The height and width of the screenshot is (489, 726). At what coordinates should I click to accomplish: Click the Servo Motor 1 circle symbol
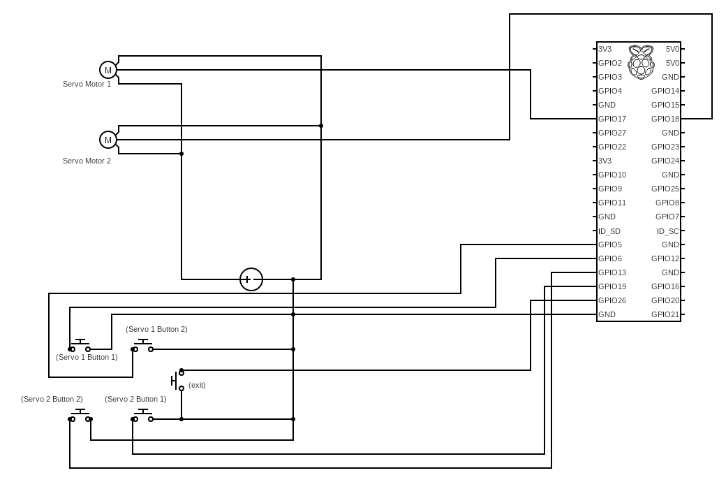click(x=108, y=70)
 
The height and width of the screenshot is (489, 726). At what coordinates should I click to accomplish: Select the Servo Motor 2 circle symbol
click(x=108, y=140)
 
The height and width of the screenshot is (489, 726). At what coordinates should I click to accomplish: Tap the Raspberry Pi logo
click(x=640, y=61)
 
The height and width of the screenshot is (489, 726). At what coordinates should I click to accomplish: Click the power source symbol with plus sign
click(x=251, y=279)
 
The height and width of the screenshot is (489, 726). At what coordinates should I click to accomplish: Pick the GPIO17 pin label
click(x=612, y=119)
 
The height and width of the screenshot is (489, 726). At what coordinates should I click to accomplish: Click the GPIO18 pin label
click(x=665, y=119)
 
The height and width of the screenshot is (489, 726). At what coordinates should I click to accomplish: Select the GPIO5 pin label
click(x=610, y=245)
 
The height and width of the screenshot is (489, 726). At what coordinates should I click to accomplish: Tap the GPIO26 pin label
click(x=612, y=300)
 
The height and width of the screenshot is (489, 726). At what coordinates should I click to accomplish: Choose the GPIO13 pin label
click(x=612, y=272)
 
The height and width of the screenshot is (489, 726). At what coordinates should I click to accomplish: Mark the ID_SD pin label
click(x=609, y=231)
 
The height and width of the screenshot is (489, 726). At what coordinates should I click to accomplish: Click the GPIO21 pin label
click(x=665, y=314)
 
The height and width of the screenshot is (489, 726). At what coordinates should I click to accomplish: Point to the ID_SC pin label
click(x=667, y=231)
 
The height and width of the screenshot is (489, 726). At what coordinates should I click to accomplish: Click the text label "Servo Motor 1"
click(x=87, y=84)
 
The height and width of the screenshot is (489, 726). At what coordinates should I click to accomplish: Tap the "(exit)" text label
click(x=197, y=385)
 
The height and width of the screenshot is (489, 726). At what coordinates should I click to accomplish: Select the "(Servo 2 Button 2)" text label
click(x=52, y=399)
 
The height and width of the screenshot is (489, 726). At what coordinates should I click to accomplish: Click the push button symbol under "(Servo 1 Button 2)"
click(x=143, y=346)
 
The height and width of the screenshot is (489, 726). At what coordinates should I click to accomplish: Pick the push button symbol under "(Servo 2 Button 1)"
click(x=143, y=416)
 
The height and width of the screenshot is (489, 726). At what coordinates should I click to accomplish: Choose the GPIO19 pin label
click(x=612, y=286)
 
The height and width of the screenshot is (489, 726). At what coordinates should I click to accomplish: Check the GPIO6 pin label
click(x=610, y=258)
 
